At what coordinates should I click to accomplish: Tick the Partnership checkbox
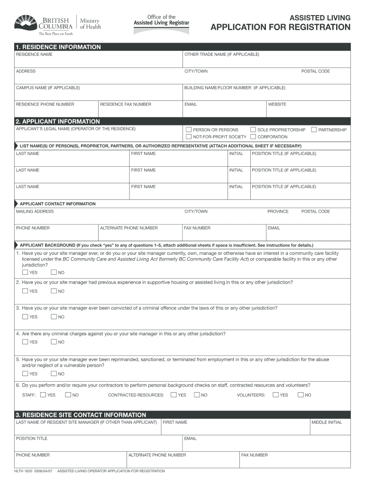pyautogui.click(x=314, y=130)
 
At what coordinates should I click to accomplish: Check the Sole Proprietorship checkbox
pyautogui.click(x=253, y=130)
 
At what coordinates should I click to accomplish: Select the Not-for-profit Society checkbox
pyautogui.click(x=189, y=137)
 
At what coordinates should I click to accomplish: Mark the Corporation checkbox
pyautogui.click(x=253, y=137)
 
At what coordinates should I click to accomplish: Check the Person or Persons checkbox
pyautogui.click(x=189, y=130)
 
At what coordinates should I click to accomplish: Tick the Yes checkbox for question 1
pyautogui.click(x=25, y=272)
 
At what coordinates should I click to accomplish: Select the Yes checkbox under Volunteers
pyautogui.click(x=275, y=395)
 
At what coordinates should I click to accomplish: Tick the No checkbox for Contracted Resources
pyautogui.click(x=197, y=395)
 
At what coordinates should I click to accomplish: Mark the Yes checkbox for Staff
pyautogui.click(x=43, y=395)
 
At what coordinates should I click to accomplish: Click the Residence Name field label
pyautogui.click(x=34, y=54)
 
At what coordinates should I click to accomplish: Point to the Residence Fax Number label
pyautogui.click(x=126, y=104)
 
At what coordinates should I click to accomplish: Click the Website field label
pyautogui.click(x=277, y=104)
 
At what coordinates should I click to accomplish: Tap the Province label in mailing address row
pyautogui.click(x=278, y=212)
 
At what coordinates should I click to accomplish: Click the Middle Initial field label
pyautogui.click(x=327, y=422)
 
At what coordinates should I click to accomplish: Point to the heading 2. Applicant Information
pyautogui.click(x=58, y=121)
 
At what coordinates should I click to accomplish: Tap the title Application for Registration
pyautogui.click(x=281, y=27)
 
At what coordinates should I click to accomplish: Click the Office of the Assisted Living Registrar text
pyautogui.click(x=162, y=20)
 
